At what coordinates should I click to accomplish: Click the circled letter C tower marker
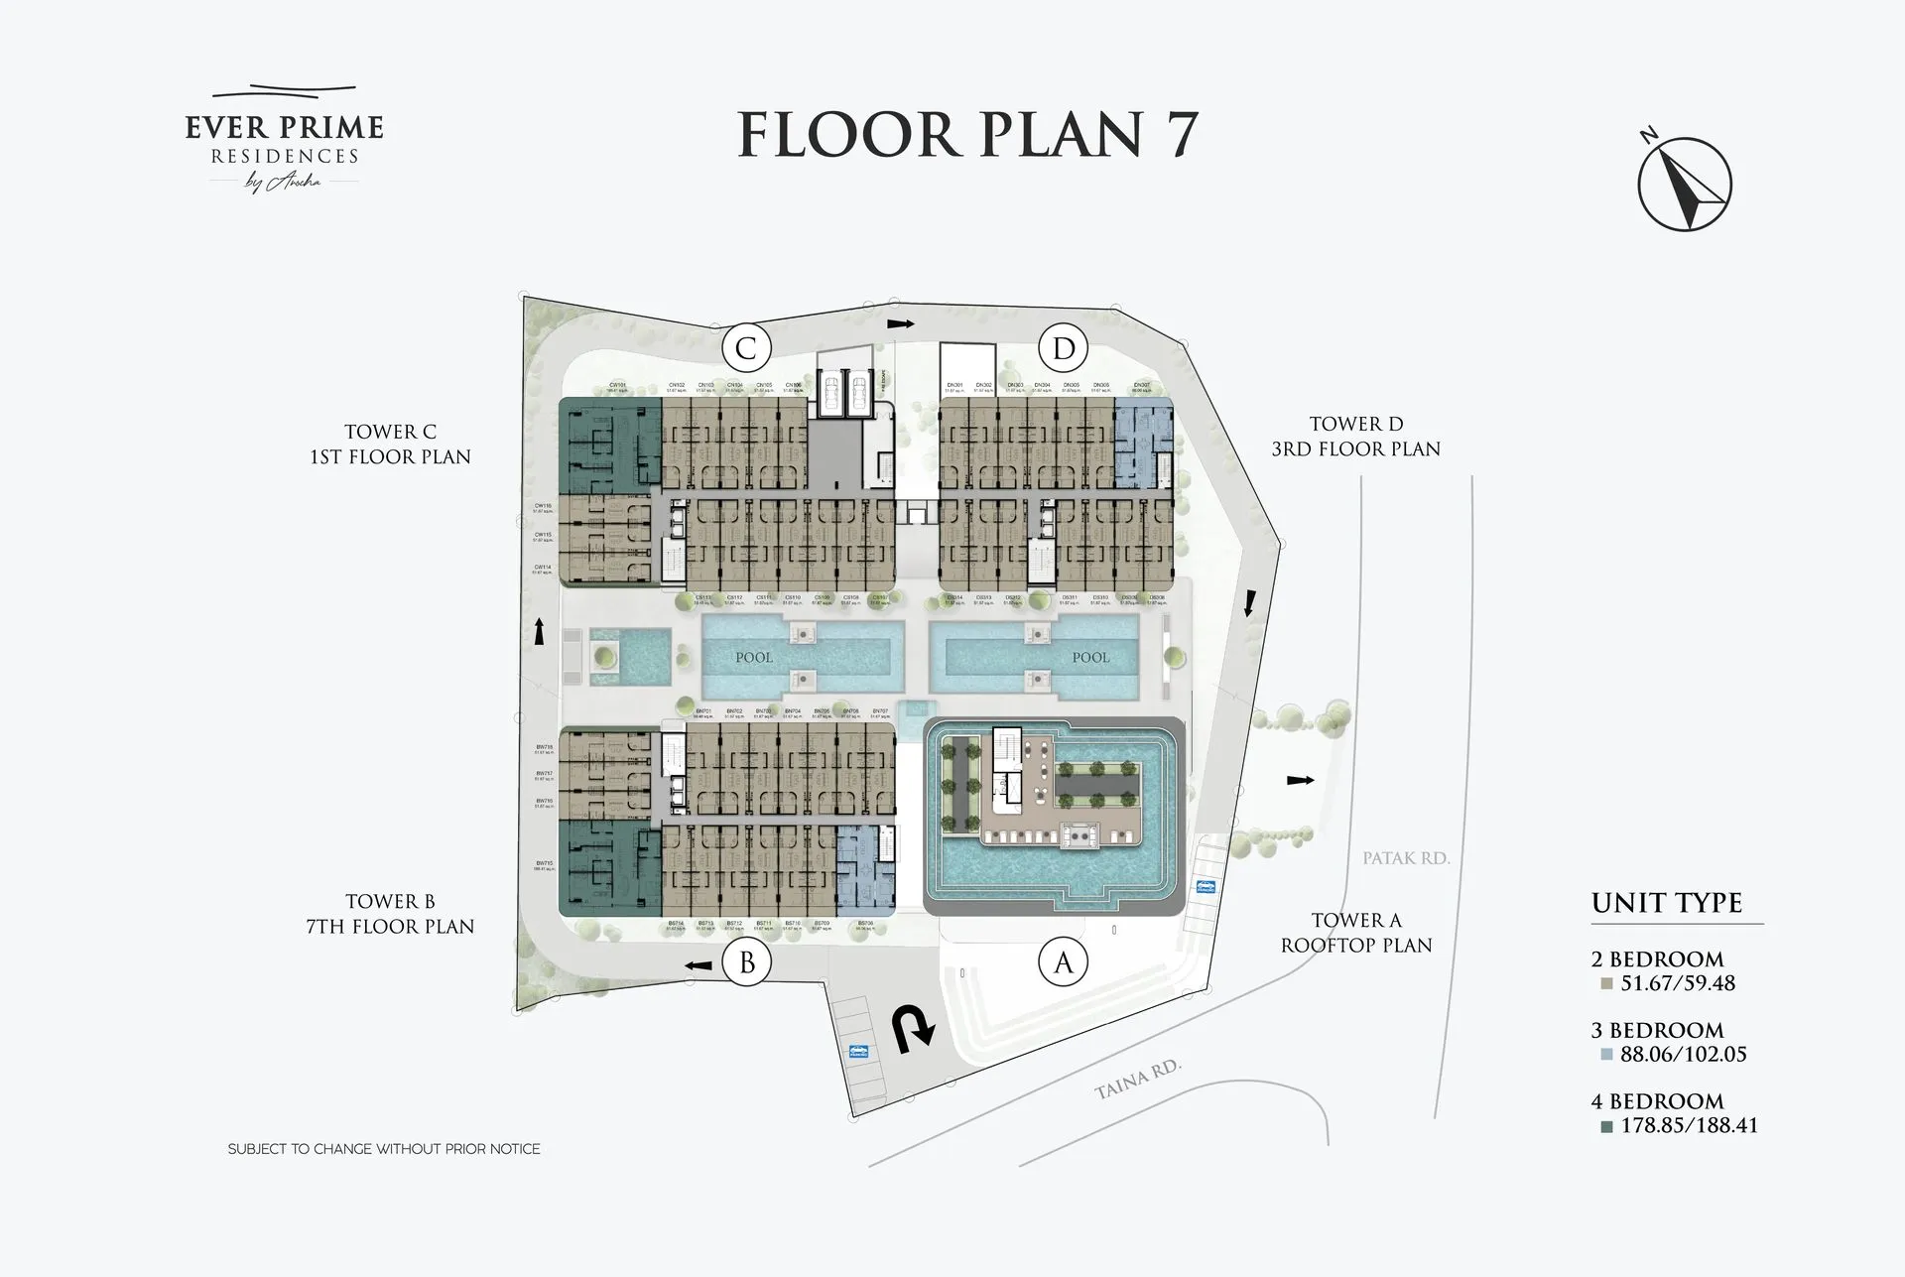point(746,348)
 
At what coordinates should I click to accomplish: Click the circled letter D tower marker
point(1064,348)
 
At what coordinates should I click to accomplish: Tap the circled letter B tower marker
point(747,962)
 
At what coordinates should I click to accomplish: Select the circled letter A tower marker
point(1064,962)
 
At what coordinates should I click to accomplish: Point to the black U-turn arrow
point(914,1030)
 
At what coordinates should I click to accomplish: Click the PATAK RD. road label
point(1406,858)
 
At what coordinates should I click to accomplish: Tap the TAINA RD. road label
point(1138,1080)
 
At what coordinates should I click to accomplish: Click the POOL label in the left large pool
point(754,658)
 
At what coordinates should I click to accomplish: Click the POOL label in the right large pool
point(1090,658)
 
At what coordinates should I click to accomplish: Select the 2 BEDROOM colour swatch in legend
point(1606,984)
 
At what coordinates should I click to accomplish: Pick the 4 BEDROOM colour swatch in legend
point(1606,1126)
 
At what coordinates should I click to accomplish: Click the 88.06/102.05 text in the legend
point(1683,1055)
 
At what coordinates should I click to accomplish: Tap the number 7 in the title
point(1180,135)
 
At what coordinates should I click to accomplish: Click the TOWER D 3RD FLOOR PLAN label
point(1355,437)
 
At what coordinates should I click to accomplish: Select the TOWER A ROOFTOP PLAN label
point(1355,933)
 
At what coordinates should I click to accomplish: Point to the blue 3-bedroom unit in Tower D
point(1143,443)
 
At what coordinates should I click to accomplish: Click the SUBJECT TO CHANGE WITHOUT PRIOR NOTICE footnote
point(384,1149)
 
